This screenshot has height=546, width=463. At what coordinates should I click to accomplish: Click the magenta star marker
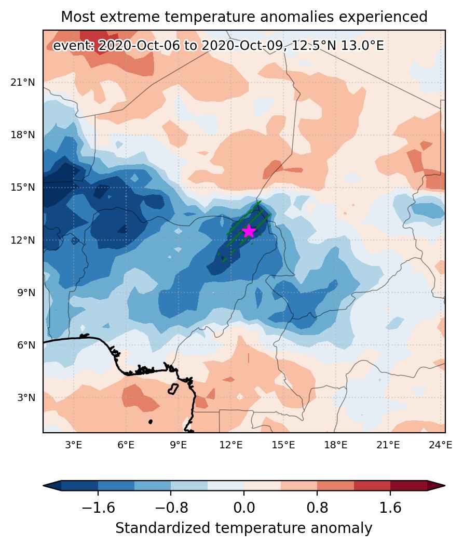[249, 231]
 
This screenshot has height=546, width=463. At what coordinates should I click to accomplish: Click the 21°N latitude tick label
[23, 83]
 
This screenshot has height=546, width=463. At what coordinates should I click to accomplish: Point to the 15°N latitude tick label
[23, 188]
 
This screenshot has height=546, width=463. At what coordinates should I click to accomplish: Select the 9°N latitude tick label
[26, 292]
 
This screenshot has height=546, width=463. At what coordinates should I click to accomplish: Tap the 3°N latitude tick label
[26, 397]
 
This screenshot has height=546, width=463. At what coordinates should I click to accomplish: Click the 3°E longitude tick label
[73, 445]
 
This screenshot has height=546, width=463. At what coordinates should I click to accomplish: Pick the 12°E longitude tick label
[231, 445]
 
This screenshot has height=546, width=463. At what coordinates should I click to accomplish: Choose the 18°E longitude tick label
[336, 445]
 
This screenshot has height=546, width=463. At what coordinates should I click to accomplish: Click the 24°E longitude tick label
[440, 445]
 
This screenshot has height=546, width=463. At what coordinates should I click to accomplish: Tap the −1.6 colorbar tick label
[98, 508]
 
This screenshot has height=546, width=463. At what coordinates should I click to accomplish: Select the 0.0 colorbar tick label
[244, 508]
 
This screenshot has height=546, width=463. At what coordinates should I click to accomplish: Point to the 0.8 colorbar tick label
[317, 508]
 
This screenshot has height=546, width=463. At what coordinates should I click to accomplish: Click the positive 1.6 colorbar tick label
[390, 508]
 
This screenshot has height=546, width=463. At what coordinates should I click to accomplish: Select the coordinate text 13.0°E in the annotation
[362, 45]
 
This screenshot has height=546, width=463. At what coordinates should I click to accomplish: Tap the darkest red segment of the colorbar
[408, 485]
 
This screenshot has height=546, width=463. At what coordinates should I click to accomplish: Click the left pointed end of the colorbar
[44, 485]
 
